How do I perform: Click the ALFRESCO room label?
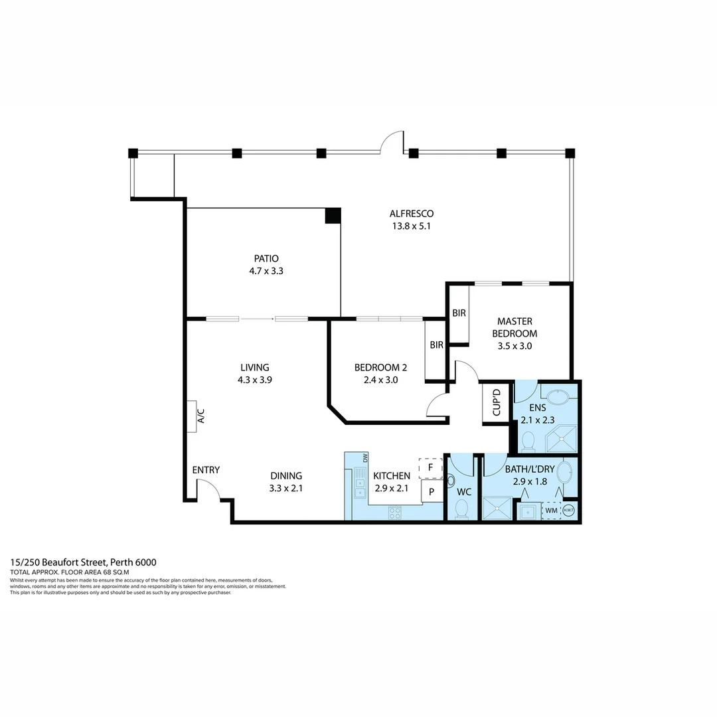click(x=412, y=220)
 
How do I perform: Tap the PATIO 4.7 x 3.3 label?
click(x=266, y=264)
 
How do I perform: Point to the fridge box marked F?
click(x=430, y=467)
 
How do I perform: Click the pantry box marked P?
click(x=432, y=492)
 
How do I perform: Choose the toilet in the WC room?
click(x=462, y=508)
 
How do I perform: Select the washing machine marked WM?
click(x=552, y=511)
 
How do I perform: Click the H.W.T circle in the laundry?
click(x=570, y=511)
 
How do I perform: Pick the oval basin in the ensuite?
click(x=561, y=398)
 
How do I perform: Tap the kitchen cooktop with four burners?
click(x=394, y=512)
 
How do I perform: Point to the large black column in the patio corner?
click(x=333, y=216)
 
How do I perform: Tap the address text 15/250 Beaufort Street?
click(x=83, y=562)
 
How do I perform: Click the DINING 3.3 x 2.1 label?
click(x=286, y=482)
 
